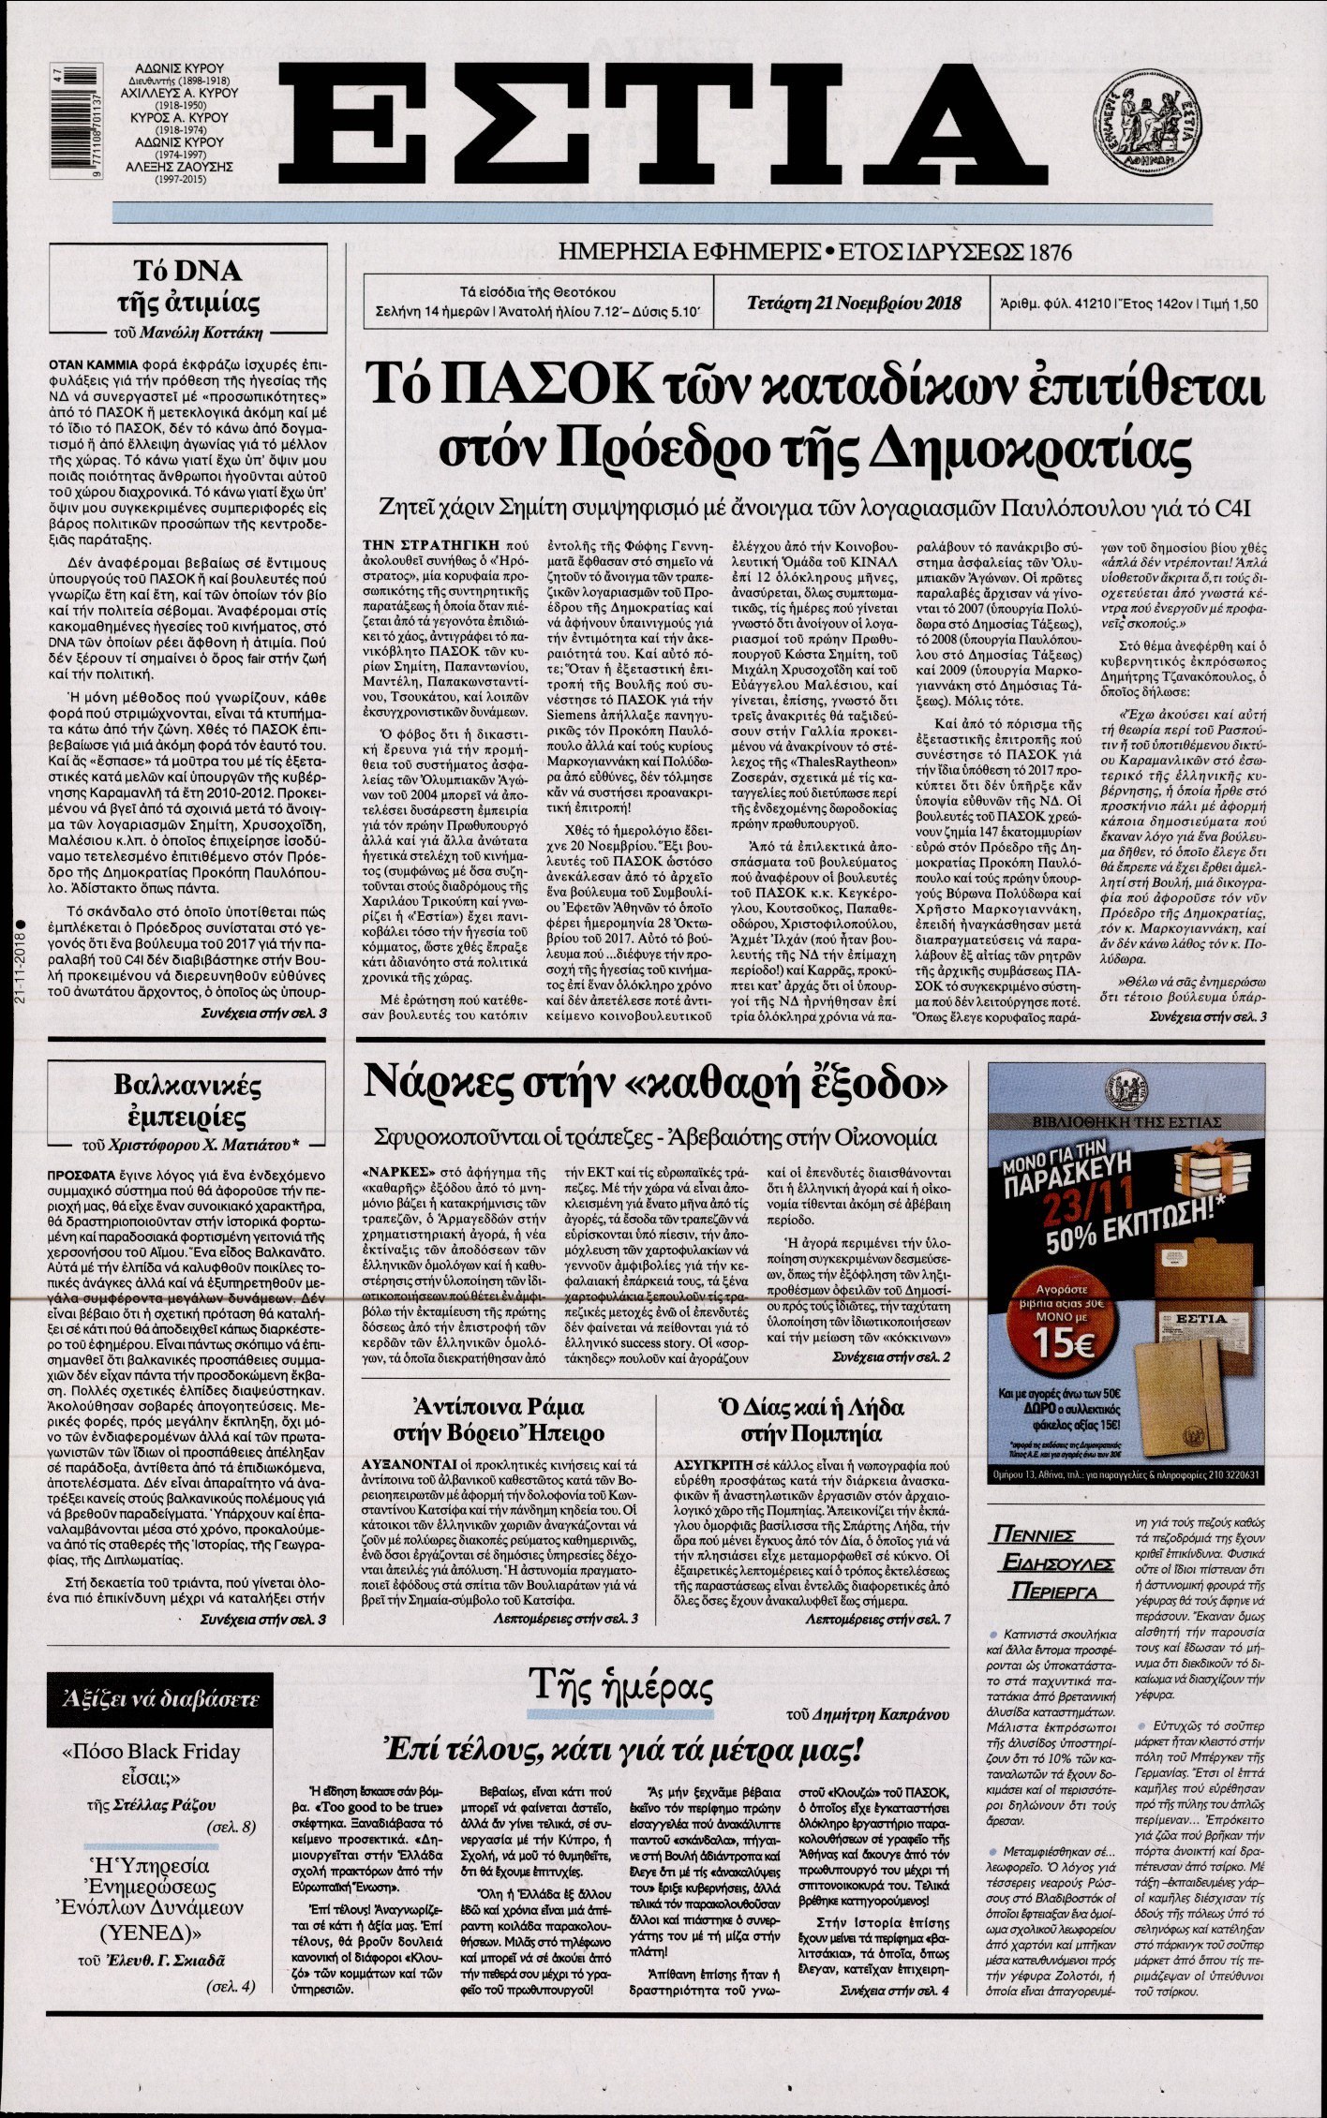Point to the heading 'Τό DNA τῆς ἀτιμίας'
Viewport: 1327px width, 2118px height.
point(188,288)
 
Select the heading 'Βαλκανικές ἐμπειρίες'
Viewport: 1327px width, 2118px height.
point(188,1102)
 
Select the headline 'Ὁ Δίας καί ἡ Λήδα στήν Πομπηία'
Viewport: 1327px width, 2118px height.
point(811,1420)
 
